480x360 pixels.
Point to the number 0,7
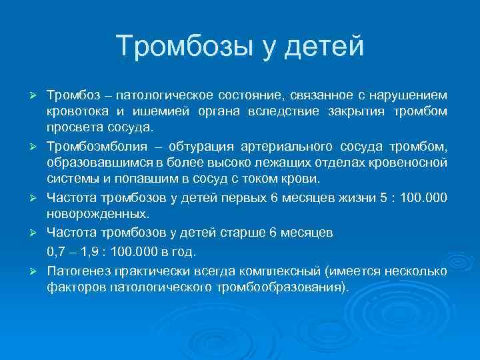coord(57,252)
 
